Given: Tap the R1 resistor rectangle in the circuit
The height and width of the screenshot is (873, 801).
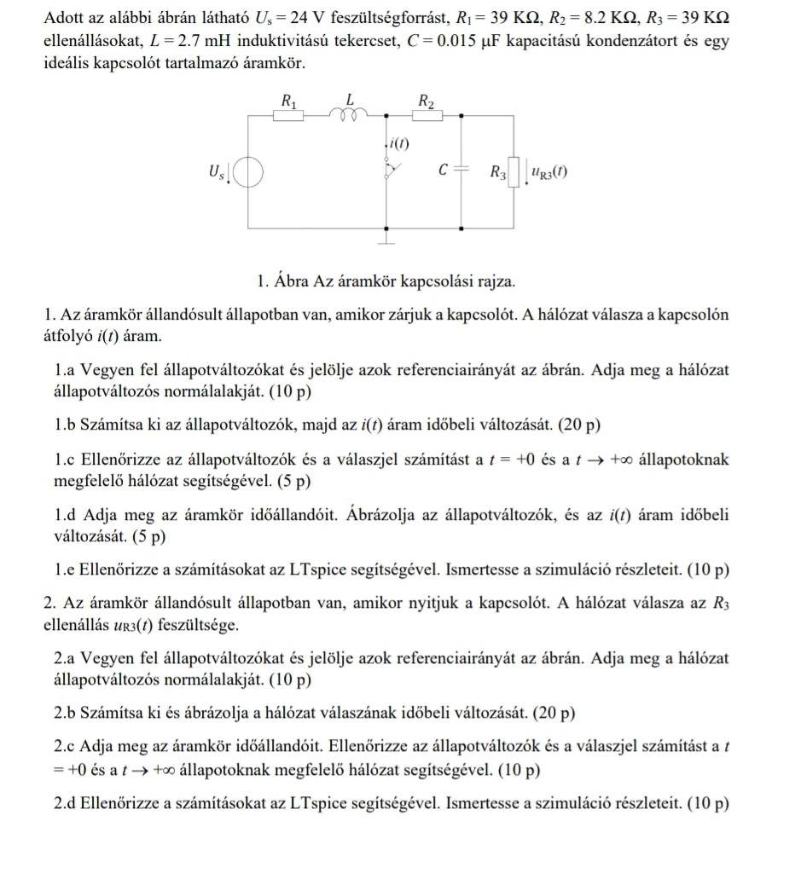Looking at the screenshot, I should coord(288,115).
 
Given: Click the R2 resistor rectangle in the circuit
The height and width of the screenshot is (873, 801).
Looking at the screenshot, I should coord(427,115).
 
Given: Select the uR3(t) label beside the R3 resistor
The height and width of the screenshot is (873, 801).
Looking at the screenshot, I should coord(549,172).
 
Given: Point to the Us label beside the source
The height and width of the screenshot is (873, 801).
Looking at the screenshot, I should coord(216,173).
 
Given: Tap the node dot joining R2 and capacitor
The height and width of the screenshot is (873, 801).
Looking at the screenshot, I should coord(462,115).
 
